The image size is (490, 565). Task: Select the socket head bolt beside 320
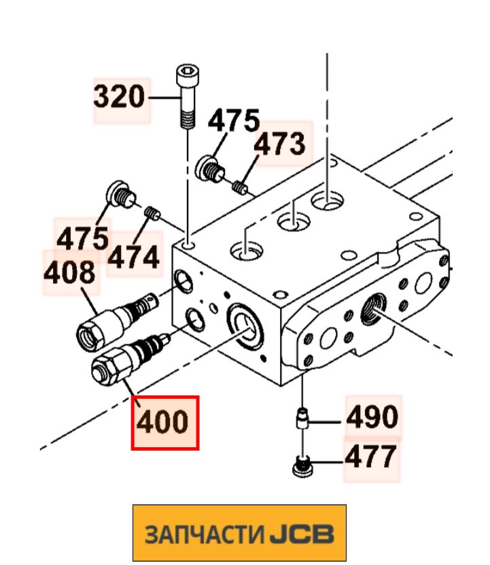(186, 95)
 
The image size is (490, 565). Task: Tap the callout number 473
(280, 144)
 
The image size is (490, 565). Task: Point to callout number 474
(135, 258)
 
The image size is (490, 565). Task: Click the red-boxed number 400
(164, 422)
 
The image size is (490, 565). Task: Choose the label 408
(70, 272)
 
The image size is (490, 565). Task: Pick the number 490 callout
(372, 417)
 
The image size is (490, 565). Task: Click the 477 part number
(370, 457)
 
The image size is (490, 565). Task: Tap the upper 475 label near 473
(233, 122)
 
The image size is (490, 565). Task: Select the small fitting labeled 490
(300, 417)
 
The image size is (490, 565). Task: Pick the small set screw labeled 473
(240, 185)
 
